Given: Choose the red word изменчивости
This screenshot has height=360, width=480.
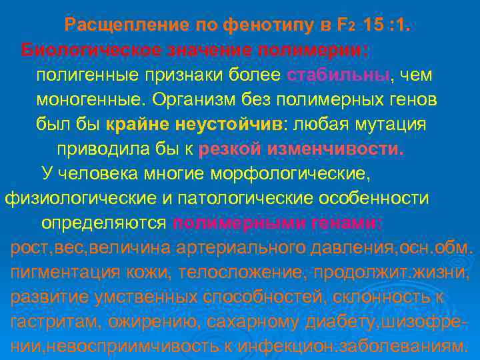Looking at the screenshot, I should click(x=335, y=149).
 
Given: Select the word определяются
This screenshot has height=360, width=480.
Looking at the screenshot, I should click(x=103, y=223).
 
